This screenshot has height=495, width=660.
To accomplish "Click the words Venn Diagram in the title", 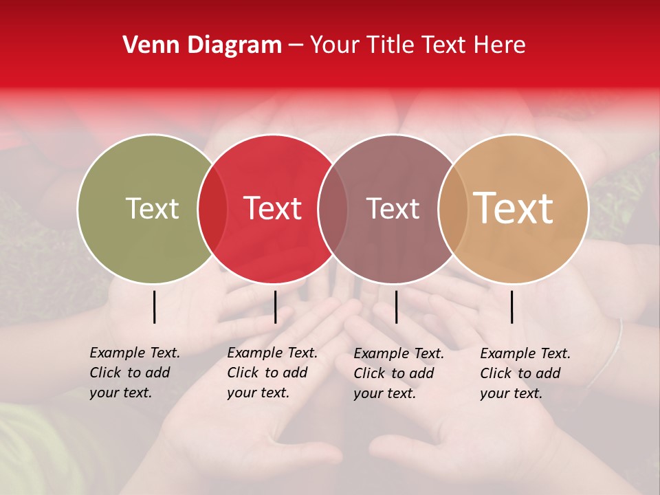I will click(202, 45).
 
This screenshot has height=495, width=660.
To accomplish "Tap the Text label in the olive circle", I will click(153, 209).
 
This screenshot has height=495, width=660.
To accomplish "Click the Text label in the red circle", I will click(273, 209).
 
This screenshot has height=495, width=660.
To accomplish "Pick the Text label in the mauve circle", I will click(393, 209).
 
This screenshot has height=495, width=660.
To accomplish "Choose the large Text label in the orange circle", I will click(514, 209).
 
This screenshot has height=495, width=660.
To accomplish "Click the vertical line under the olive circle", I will click(154, 307).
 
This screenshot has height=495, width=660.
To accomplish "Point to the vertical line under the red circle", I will click(275, 307).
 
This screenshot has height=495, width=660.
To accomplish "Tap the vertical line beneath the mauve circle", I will click(396, 307).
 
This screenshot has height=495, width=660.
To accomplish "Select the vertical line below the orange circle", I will click(511, 307).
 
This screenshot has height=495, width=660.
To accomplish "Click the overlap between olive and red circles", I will click(212, 209).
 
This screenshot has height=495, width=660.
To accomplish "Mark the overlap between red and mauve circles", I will click(332, 209).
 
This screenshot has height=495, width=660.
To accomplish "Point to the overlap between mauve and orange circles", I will click(452, 209).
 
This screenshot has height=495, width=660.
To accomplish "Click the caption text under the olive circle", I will click(135, 373).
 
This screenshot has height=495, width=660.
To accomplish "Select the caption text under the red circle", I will click(272, 373).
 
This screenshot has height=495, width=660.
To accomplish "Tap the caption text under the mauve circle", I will click(399, 373).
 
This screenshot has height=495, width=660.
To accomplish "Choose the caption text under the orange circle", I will click(525, 373).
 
